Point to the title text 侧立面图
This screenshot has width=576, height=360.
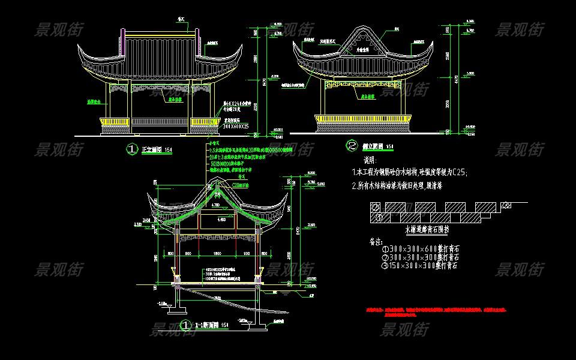click(371, 146)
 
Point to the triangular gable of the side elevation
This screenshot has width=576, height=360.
click(364, 40)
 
